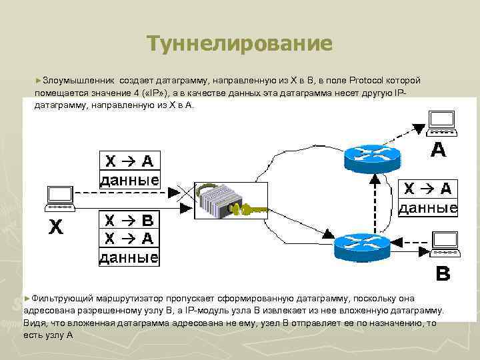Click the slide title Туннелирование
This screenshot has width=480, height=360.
coord(239,44)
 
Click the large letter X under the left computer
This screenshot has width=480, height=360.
coord(56,229)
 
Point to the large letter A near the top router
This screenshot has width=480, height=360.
coord(438,149)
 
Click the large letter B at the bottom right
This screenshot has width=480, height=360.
coord(442,273)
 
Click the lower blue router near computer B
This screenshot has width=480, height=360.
coord(361,245)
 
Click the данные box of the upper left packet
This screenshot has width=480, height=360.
coord(129,179)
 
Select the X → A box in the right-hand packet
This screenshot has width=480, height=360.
coord(427,189)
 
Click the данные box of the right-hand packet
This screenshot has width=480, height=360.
coord(427,207)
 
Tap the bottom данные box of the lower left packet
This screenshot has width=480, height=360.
coord(129,257)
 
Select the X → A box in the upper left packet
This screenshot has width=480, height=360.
coord(129,161)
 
